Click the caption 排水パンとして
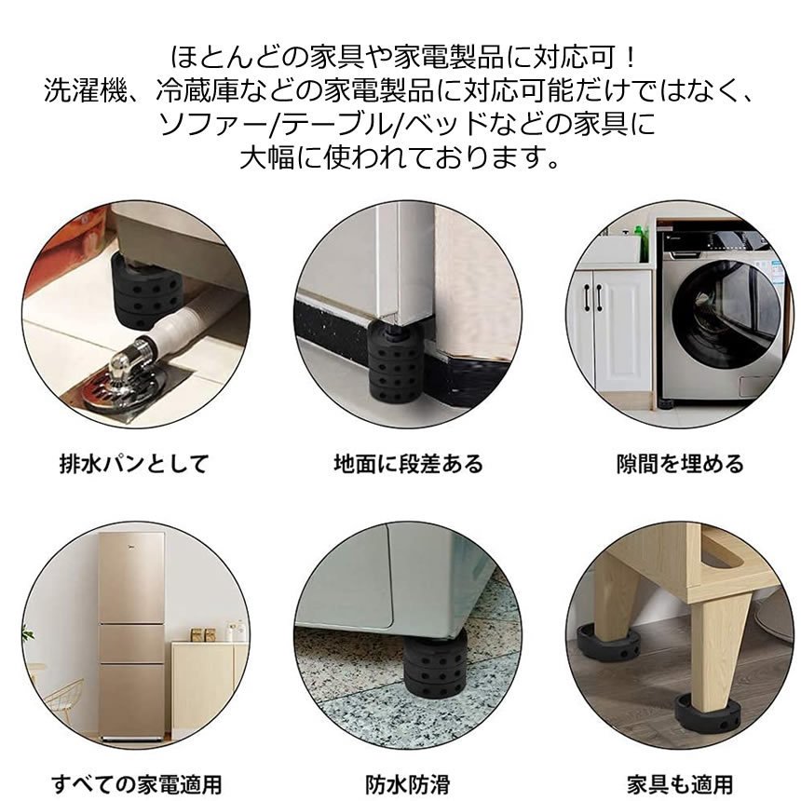coord(135,464)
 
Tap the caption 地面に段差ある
coord(408,464)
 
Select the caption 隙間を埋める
coord(680,464)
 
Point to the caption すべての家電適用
coord(136,784)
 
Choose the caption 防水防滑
coord(408,784)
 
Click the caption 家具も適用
coord(680,784)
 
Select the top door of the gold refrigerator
coord(131,577)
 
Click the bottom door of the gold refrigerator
coord(131,699)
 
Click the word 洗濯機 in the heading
coord(85,92)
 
